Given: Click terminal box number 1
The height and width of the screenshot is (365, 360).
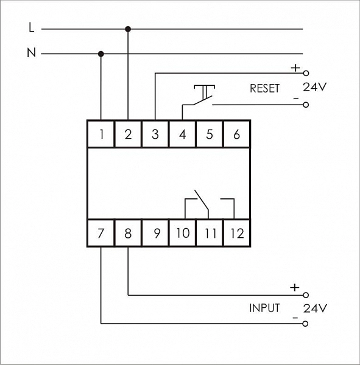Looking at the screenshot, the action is point(101,134).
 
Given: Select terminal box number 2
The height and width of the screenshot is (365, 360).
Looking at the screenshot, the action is point(128,134).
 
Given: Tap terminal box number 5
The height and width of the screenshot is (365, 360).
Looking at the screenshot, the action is point(210,134).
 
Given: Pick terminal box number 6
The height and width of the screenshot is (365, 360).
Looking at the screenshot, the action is point(237,134).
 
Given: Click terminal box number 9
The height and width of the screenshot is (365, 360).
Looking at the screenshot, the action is point(155,233).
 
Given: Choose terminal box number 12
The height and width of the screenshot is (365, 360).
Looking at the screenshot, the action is point(237,233).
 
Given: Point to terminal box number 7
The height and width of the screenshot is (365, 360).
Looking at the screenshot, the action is point(101,233).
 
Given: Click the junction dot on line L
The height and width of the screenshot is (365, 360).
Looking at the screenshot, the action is point(128,29).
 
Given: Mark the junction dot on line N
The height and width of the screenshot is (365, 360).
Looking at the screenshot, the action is point(101,54).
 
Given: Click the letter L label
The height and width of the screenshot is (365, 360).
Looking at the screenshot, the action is point(32,27).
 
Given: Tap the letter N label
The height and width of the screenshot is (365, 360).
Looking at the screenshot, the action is point(32,52).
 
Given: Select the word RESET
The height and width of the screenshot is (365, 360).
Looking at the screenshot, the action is point(264,88).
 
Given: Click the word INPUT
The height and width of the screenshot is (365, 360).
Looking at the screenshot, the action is point(264,308).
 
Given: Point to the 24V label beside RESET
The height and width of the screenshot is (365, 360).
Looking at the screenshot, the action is point(314,87).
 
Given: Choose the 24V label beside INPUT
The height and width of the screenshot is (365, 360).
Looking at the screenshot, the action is point(315,308).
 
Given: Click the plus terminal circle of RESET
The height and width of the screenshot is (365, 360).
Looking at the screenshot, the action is point(306,74).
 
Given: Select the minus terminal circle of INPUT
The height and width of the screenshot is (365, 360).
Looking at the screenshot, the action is point(305,324).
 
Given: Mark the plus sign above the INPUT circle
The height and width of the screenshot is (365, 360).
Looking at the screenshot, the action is point(294,288).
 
